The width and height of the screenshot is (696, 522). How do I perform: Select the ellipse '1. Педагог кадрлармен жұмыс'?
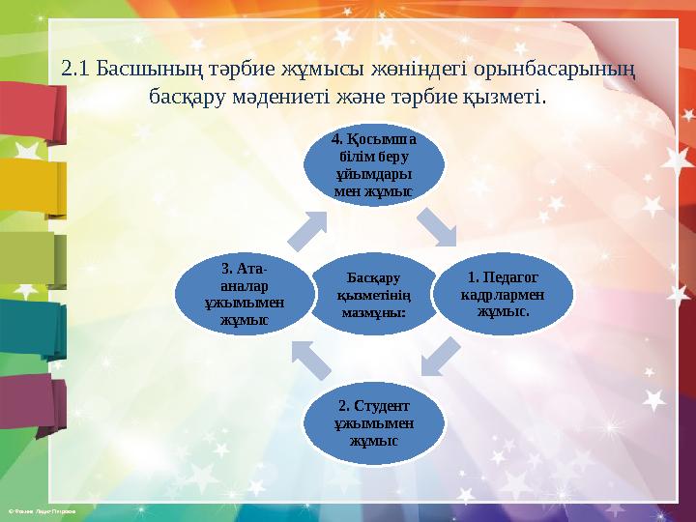(x=502, y=291)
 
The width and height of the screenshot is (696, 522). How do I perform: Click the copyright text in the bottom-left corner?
(x=39, y=509)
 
